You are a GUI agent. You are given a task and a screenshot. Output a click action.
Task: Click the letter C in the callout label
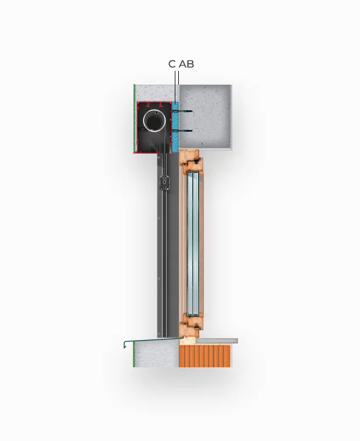(x=172, y=64)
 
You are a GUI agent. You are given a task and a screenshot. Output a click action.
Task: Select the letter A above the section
(x=183, y=64)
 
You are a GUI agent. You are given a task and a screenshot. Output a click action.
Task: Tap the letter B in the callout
(x=190, y=64)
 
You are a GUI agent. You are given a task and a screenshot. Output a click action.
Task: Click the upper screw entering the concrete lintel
(x=182, y=111)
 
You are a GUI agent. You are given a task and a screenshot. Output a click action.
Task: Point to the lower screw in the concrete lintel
(x=182, y=131)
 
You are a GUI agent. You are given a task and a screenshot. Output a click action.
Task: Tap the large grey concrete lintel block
(x=206, y=117)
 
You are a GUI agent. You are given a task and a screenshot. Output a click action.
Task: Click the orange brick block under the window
(x=205, y=356)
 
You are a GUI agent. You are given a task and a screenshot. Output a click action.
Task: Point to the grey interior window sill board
(x=217, y=341)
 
